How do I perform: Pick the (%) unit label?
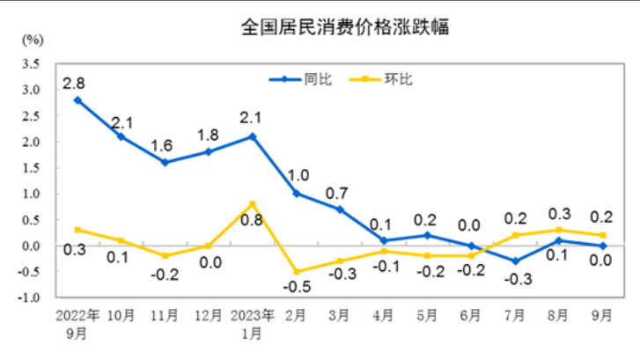33,40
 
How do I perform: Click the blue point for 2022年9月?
78,99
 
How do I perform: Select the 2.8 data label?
73,84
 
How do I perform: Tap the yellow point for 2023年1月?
253,204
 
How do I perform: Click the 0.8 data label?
253,220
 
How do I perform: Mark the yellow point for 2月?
296,272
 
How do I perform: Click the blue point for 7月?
514,261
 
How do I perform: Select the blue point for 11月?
166,162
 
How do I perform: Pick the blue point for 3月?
340,209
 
